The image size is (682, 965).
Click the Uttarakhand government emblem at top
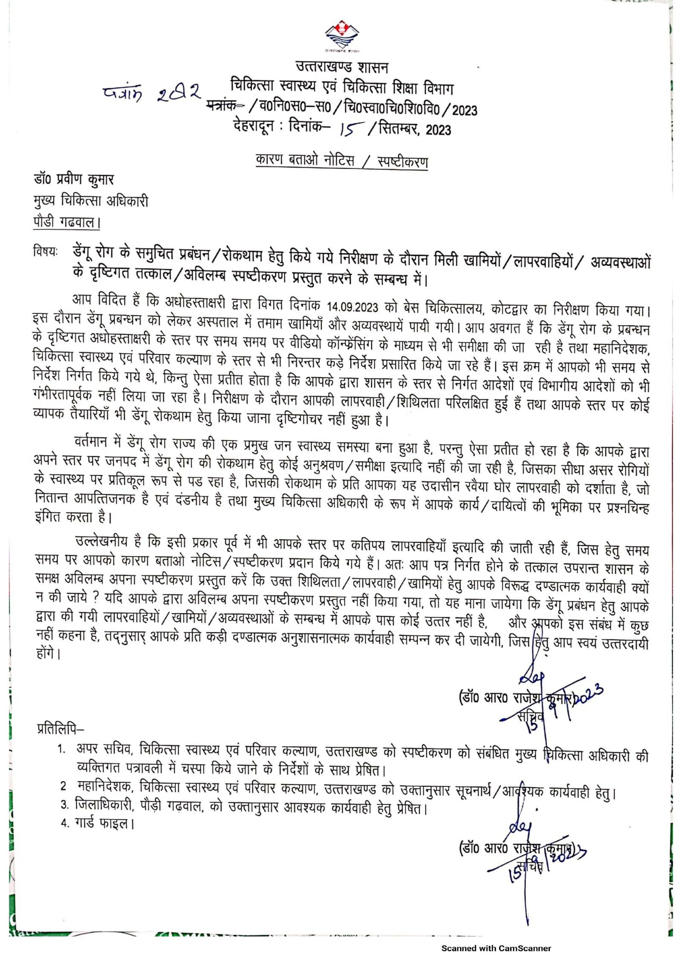341,36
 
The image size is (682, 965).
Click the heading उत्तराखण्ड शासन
342,67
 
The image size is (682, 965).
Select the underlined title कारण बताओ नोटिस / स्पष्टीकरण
342,161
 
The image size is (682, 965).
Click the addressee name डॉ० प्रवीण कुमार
74,179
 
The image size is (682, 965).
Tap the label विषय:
45,252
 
